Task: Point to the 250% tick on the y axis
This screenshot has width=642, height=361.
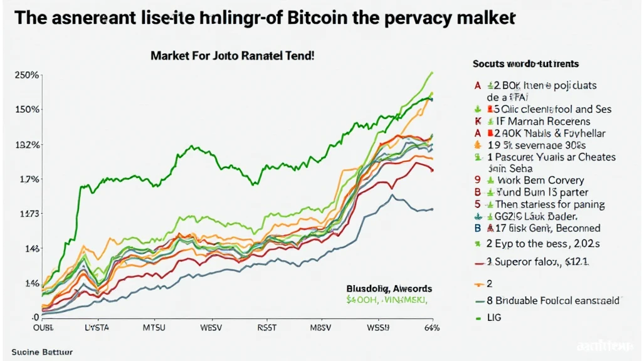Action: point(27,75)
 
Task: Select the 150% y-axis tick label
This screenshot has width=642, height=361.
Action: point(27,109)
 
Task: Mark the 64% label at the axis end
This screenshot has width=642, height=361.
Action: point(431,328)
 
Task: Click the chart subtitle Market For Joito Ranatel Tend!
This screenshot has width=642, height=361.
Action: point(232,55)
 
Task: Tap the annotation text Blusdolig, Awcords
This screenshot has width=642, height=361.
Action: point(389,289)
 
